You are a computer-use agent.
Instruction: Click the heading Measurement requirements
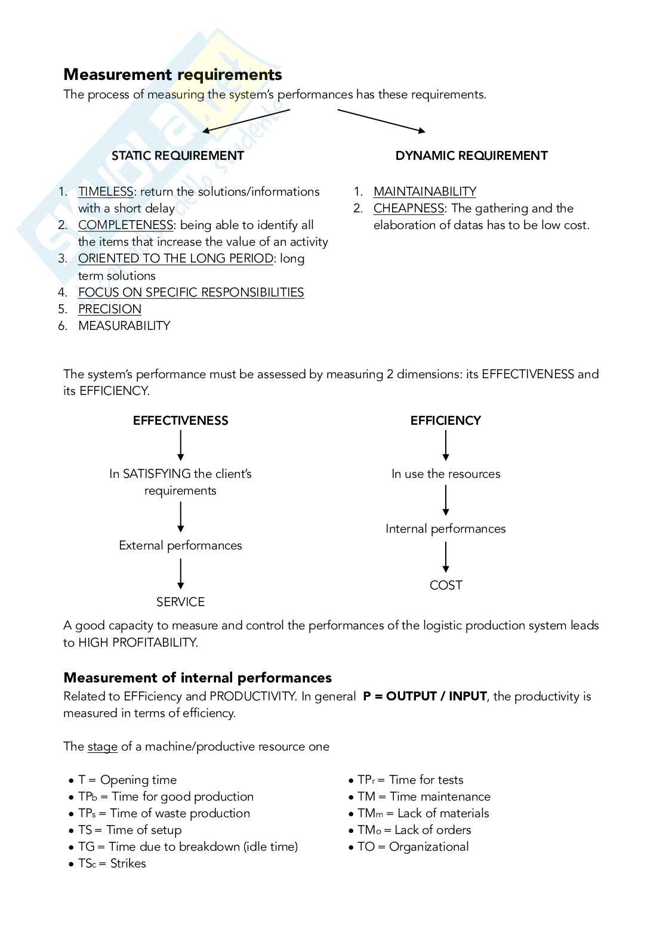point(172,75)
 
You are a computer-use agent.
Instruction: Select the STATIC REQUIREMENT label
point(178,156)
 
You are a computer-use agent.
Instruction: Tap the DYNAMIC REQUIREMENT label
point(471,156)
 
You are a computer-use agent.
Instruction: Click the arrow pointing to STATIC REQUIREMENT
point(246,121)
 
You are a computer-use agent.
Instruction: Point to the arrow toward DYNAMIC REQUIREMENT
point(381,121)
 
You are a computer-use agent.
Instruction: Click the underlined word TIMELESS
point(106,192)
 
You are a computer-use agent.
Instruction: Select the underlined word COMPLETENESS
point(125,225)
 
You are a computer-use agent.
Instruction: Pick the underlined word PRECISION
point(110,309)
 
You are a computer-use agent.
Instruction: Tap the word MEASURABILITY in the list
point(124,326)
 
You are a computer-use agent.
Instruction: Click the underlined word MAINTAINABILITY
point(425,192)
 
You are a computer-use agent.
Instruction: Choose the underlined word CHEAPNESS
point(409,208)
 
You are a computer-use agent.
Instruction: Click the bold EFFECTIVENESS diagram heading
point(180,421)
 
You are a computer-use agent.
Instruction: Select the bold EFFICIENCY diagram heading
point(445,421)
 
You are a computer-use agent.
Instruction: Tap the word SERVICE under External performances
point(180,602)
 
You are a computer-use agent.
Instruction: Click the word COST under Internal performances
point(446,585)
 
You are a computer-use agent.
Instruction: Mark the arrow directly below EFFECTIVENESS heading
point(180,446)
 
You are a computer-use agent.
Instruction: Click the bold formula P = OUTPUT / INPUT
point(424,696)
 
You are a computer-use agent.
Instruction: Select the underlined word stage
point(103,746)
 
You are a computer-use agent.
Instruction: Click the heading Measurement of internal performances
point(198,678)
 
